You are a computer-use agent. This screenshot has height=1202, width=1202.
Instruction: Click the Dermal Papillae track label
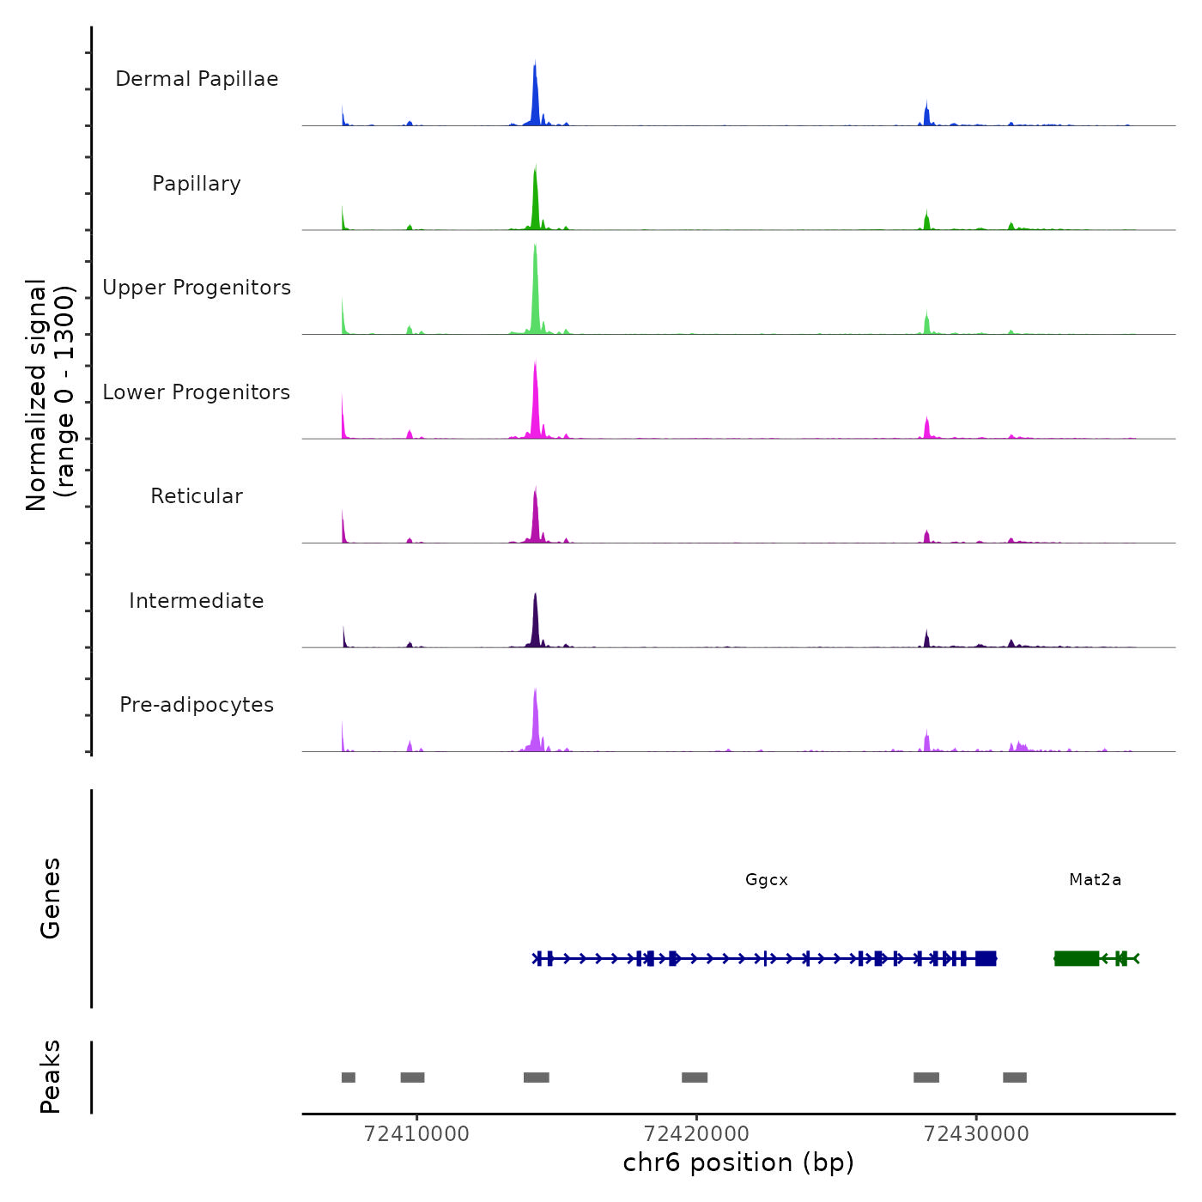pos(197,79)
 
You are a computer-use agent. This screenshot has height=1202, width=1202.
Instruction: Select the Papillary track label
pos(197,184)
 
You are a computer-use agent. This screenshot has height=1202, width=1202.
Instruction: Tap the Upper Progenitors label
pos(197,288)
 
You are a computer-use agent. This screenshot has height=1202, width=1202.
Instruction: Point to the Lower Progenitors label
pos(197,392)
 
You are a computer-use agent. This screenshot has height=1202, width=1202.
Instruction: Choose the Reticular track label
pos(197,496)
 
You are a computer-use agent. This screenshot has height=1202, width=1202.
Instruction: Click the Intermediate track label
pos(197,601)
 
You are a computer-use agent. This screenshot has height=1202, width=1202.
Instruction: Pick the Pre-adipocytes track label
pos(197,705)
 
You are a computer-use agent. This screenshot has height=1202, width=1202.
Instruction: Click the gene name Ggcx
pos(767,880)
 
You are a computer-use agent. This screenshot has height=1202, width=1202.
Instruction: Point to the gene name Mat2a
pos(1095,880)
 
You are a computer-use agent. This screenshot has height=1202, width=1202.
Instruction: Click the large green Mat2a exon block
pos(1077,958)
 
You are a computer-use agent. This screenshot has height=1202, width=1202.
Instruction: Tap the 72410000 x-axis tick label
pos(416,1133)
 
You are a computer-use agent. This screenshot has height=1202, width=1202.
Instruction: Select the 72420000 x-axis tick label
pos(696,1133)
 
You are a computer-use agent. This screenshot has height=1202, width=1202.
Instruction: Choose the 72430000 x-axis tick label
pos(976,1133)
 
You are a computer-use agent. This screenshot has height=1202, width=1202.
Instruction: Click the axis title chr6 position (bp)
pos(738,1163)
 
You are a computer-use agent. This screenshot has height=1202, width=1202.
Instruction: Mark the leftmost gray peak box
pos(348,1078)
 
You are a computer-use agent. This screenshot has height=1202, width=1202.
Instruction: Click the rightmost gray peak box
pos(1015,1078)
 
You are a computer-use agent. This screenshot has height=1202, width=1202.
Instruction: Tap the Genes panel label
pos(51,898)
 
